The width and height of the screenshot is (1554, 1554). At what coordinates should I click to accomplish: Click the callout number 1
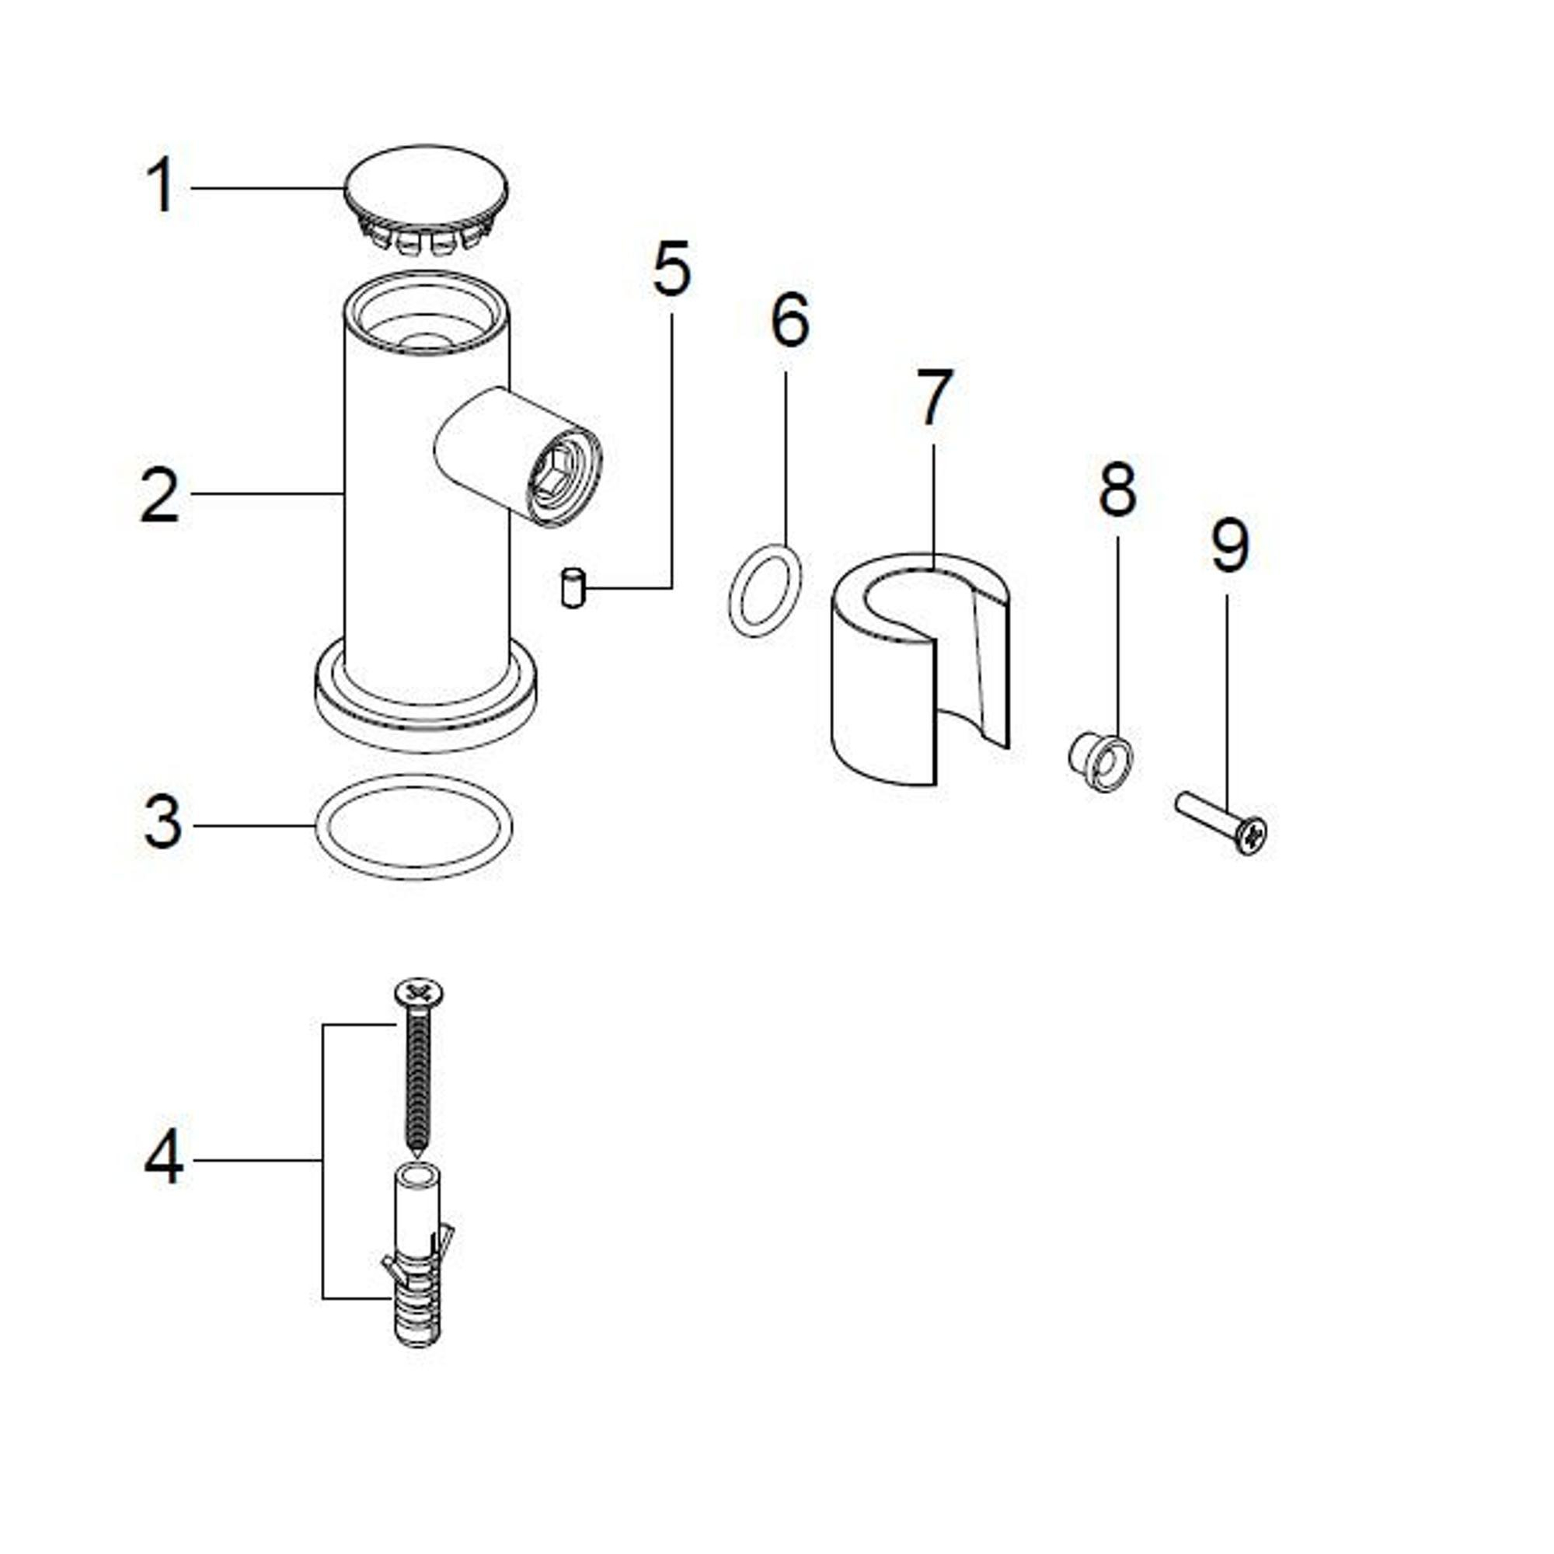click(162, 185)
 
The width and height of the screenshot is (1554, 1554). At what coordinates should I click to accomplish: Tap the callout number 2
click(159, 495)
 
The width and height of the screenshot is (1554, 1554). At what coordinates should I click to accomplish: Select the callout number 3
click(163, 823)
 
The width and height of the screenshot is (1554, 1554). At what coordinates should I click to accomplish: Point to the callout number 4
click(163, 1159)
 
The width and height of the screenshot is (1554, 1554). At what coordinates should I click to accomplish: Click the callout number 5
click(671, 268)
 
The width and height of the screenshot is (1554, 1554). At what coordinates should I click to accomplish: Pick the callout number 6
click(790, 320)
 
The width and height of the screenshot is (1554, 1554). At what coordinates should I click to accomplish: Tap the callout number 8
click(1118, 488)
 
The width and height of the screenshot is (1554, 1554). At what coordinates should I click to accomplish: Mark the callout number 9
click(1231, 545)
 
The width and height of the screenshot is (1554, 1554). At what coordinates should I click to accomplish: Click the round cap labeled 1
click(426, 198)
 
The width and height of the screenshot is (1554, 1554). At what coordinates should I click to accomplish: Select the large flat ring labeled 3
click(413, 828)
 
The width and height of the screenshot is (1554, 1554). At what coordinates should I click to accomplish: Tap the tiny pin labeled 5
click(572, 587)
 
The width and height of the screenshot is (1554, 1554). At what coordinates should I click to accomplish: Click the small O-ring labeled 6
click(764, 591)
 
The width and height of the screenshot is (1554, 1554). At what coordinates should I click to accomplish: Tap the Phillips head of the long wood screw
click(420, 991)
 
